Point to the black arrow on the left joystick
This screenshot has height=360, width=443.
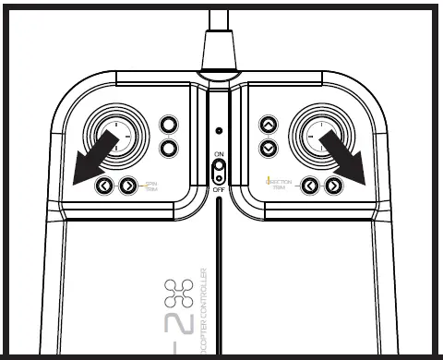[x=93, y=154]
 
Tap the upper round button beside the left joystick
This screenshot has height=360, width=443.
[x=168, y=125]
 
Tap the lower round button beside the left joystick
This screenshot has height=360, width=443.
[x=168, y=148]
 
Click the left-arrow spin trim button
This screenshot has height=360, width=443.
[x=105, y=186]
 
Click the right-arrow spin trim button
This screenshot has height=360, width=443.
[x=127, y=186]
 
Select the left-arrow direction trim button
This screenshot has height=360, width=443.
[x=311, y=186]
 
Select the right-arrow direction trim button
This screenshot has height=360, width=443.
[x=333, y=186]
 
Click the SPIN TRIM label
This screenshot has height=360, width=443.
[x=150, y=186]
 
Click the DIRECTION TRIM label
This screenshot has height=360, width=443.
[x=279, y=185]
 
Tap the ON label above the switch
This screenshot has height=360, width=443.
[x=219, y=153]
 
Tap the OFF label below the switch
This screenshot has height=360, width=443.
[x=219, y=189]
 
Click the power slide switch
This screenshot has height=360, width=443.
[x=219, y=171]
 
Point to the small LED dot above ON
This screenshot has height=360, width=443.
[x=219, y=130]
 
